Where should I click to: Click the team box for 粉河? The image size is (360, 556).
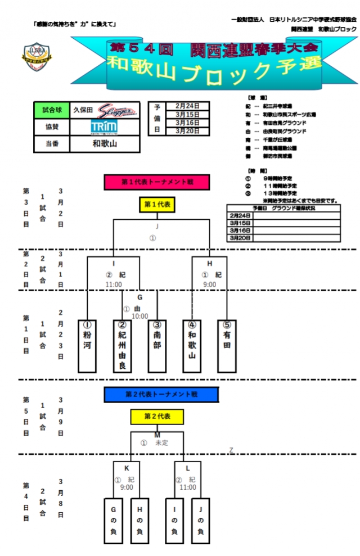pos(87,345)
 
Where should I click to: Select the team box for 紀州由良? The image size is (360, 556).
pos(122,345)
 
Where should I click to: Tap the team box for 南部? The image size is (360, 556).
pos(157,345)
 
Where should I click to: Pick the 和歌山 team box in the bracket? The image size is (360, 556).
pos(192,345)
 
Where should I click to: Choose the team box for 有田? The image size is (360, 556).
pos(227,345)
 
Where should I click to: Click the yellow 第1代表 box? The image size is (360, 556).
pos(157,205)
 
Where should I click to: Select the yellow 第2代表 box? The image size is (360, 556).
pos(157,417)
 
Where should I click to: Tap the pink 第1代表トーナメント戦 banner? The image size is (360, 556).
pos(157,182)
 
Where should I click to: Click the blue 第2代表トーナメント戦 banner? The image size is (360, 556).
pos(161,395)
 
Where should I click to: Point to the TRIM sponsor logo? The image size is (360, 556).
pos(104,127)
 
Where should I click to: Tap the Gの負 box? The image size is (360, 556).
pos(113,521)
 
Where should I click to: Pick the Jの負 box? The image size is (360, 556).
pos(200,521)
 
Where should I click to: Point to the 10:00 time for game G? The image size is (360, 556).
pos(139,317)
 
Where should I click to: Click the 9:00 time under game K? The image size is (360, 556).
pos(127,487)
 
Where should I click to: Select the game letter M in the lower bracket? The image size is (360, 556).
pos(157,435)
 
